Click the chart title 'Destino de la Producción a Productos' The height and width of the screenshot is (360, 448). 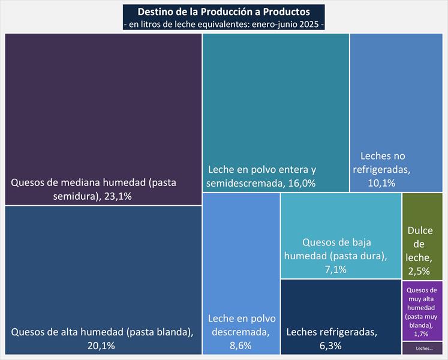click(x=224, y=12)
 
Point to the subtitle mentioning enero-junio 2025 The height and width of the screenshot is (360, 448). click(x=224, y=24)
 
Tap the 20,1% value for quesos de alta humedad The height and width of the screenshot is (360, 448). click(x=101, y=345)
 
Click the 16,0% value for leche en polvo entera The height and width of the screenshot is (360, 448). click(x=300, y=183)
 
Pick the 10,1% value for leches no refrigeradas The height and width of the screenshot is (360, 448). click(x=381, y=183)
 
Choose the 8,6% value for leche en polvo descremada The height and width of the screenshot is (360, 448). click(x=241, y=345)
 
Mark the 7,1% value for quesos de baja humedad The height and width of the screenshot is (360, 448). click(x=336, y=269)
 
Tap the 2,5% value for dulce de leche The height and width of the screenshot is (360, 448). click(x=419, y=271)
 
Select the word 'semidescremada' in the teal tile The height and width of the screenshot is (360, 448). click(x=243, y=183)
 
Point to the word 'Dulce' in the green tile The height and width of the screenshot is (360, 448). click(x=420, y=231)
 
